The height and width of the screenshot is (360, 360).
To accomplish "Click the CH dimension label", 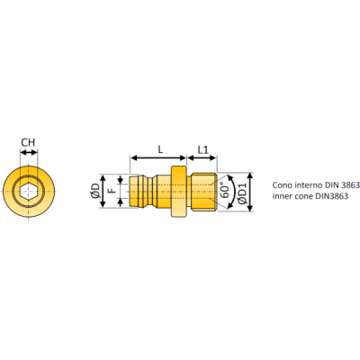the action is pyautogui.click(x=28, y=142).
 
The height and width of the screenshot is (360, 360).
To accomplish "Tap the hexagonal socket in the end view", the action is pyautogui.click(x=29, y=191).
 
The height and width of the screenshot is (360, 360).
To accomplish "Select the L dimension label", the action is pyautogui.click(x=160, y=149).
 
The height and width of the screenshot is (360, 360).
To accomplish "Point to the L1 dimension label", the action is pyautogui.click(x=202, y=149).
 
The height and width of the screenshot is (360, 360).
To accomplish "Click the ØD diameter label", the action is pyautogui.click(x=95, y=191).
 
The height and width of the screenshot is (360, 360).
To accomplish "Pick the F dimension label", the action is pyautogui.click(x=112, y=191).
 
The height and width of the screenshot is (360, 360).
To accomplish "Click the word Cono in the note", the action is pyautogui.click(x=282, y=185).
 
